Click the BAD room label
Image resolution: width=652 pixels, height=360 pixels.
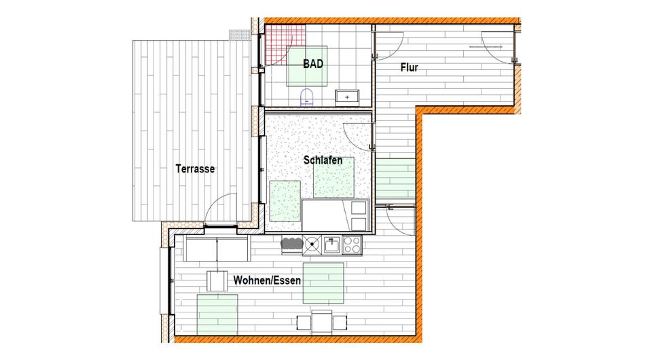(x=312, y=65)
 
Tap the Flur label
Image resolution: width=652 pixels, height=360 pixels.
(x=409, y=68)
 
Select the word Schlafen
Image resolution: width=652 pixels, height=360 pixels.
(x=327, y=161)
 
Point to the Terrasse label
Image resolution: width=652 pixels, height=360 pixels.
(x=195, y=169)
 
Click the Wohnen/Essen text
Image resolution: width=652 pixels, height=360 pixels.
(x=267, y=280)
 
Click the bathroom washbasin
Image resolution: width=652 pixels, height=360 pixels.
(x=348, y=97)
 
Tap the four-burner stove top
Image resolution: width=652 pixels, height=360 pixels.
(x=354, y=243)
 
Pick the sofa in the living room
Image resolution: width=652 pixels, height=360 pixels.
(x=216, y=250)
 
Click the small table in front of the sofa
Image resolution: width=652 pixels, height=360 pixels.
(x=217, y=281)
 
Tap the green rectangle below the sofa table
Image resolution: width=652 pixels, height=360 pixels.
(x=217, y=314)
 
